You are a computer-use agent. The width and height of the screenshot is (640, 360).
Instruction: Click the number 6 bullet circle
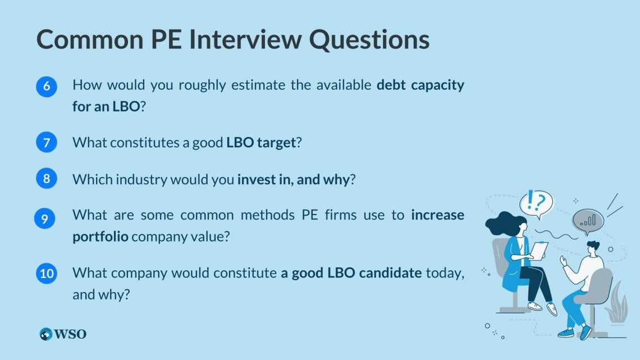point(47,86)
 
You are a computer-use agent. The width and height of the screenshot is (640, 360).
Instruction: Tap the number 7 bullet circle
point(47,142)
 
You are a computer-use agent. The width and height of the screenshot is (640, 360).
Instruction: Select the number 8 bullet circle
point(47,179)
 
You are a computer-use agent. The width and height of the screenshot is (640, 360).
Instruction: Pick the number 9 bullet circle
point(44,218)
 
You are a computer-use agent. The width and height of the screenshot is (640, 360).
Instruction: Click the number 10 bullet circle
point(47,273)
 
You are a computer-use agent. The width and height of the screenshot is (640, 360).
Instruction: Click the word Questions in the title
point(369,39)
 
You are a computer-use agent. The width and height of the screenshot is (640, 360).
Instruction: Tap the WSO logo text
point(70,334)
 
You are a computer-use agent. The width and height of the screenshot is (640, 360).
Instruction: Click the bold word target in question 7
point(276,143)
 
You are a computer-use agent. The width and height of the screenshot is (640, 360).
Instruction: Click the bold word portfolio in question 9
point(100,237)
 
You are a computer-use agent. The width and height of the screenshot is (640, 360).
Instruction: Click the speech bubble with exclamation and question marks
point(536,203)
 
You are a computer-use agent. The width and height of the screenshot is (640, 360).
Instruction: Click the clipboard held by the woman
point(540,250)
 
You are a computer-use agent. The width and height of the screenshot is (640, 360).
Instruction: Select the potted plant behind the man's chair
point(616,304)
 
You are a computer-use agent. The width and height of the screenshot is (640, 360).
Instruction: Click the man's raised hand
point(564,261)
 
